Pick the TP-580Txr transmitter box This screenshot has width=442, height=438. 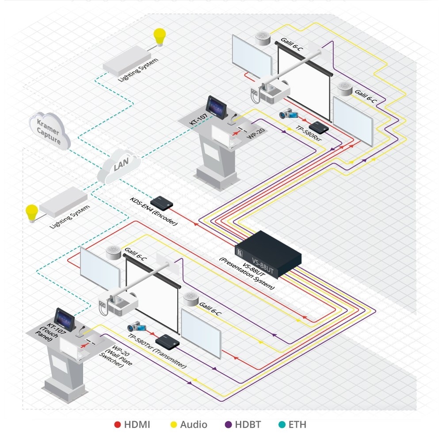[170, 341]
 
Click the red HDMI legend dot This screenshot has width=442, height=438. [118, 425]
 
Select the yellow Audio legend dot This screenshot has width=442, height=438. [174, 425]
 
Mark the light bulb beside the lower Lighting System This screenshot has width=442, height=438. [32, 211]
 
